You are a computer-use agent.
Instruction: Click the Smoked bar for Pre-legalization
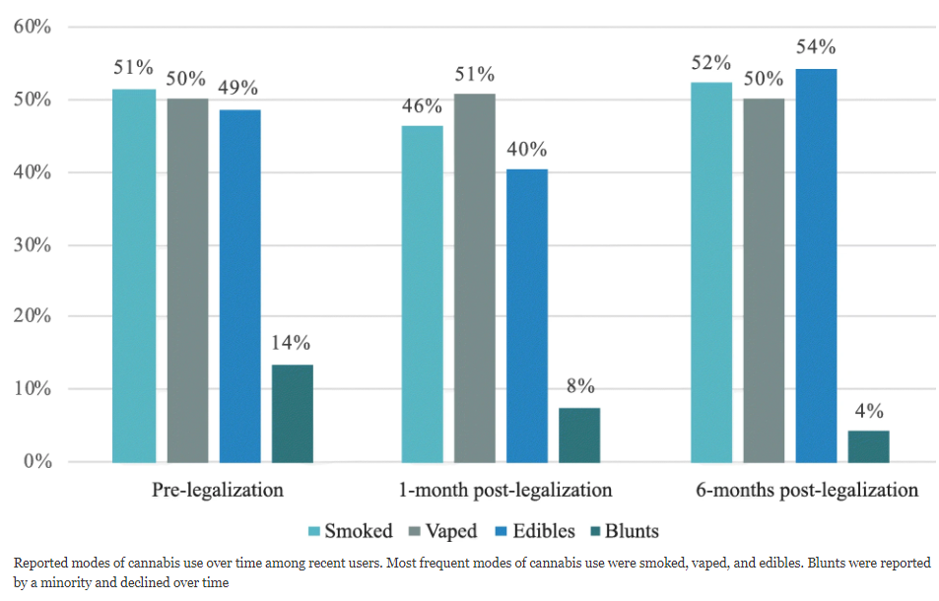[134, 276]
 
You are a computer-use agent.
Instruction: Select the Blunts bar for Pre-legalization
[293, 414]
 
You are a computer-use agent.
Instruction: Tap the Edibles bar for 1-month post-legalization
[526, 315]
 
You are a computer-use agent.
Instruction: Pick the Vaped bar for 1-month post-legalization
[474, 278]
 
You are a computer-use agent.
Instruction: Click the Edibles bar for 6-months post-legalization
[816, 265]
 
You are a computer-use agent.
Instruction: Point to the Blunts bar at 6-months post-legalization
[868, 446]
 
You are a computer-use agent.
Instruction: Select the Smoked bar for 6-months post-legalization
[711, 272]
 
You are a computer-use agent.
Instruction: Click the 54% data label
[816, 46]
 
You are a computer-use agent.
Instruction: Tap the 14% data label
[293, 343]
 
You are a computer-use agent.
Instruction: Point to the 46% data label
[422, 104]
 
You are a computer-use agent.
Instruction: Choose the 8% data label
[579, 386]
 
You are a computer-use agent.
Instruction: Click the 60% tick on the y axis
[32, 27]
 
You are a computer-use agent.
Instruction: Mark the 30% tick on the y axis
[32, 244]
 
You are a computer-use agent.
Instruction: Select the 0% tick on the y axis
[36, 461]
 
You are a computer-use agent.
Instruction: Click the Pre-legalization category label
[218, 490]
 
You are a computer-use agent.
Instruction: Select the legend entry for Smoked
[351, 532]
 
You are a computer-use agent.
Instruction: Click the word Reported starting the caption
[41, 563]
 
